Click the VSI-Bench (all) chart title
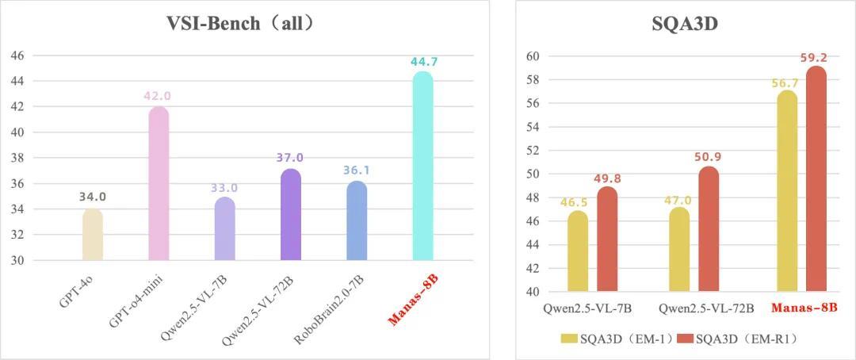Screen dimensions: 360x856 [241, 23]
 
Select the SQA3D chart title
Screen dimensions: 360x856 [685, 23]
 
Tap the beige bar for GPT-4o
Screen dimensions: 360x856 [93, 235]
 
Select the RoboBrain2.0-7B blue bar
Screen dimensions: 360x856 [357, 221]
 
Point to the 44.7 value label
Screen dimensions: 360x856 [424, 62]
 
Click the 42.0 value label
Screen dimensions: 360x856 [157, 96]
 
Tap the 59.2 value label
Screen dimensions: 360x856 [816, 58]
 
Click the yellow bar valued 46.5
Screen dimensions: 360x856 [578, 252]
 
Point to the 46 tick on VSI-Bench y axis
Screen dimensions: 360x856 [17, 56]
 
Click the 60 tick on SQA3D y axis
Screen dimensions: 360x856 [533, 56]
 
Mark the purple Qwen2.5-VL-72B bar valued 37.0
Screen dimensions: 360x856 [290, 216]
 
